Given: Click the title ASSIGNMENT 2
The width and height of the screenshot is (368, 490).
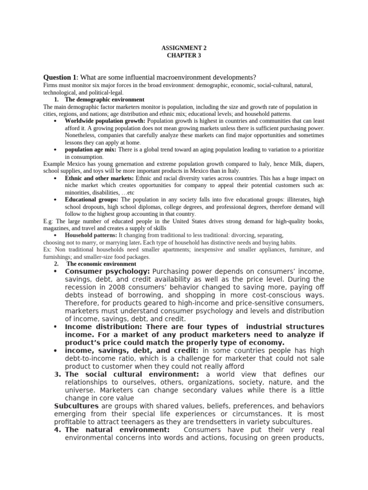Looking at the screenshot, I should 184,48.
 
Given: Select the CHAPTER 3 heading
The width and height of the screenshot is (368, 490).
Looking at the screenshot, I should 184,56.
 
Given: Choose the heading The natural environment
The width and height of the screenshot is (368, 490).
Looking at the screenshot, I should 117,430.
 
